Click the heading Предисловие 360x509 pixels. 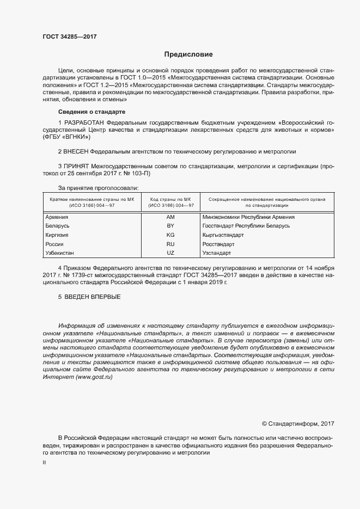point(188,54)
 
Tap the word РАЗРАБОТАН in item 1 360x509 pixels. point(84,123)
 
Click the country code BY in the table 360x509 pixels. point(170,225)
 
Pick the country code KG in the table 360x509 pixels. point(170,235)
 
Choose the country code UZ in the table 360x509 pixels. point(170,253)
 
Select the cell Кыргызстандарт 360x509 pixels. point(223,235)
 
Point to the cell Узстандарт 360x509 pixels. point(216,253)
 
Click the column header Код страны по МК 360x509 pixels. point(170,200)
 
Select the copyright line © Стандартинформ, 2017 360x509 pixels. point(298,423)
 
